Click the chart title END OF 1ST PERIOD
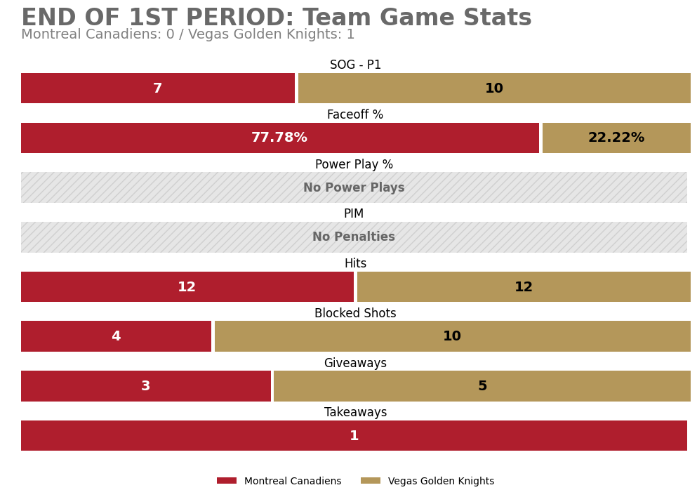276,18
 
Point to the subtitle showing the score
187,35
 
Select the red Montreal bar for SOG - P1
157,88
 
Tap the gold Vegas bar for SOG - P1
494,88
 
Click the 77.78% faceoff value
279,138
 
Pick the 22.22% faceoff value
616,138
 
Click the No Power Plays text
354,188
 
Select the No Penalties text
354,237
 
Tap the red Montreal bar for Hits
187,287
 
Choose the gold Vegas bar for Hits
524,287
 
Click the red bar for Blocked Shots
116,336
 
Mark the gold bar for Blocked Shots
452,336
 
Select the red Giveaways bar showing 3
145,386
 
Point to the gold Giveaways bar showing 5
482,386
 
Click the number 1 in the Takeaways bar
354,436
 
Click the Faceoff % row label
355,115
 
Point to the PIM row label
354,214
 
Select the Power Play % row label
354,165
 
